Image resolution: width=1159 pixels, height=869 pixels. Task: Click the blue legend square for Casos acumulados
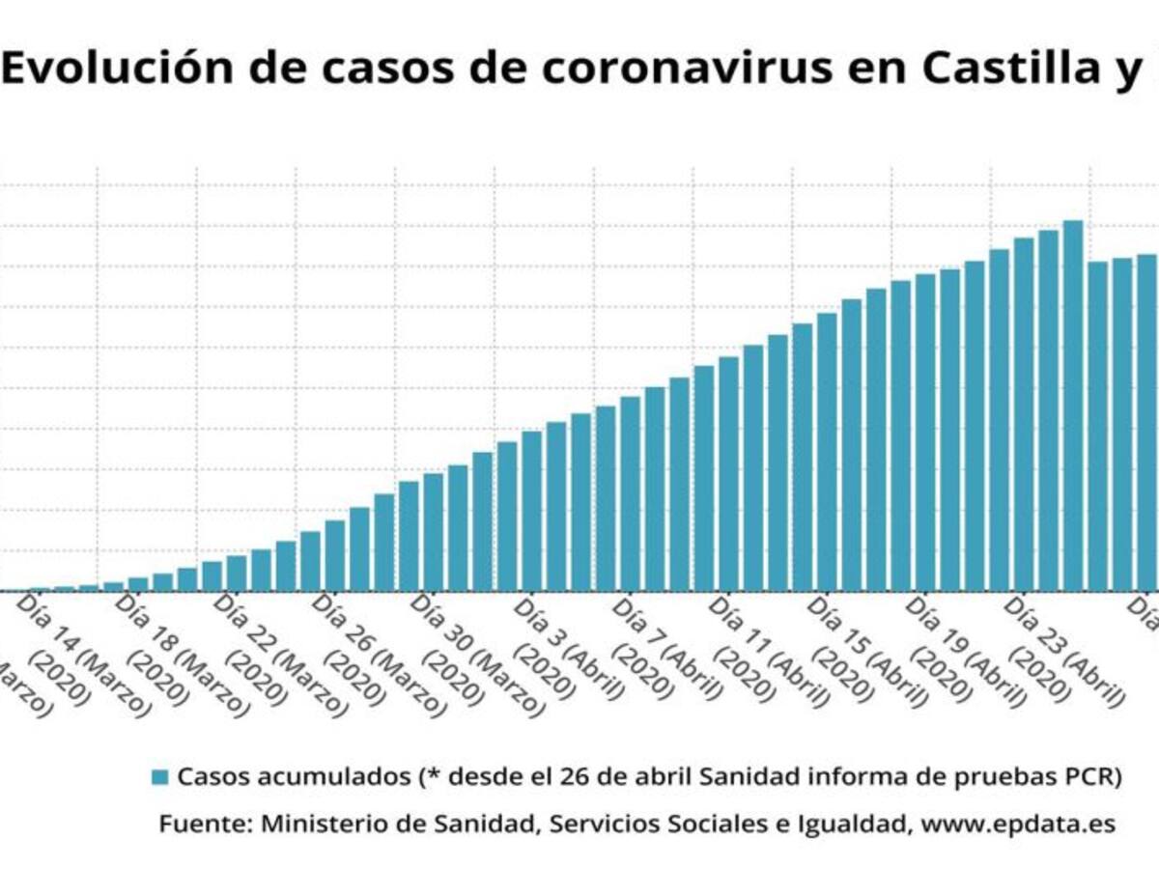coord(161,776)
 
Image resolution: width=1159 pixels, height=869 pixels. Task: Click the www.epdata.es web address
coord(1018,825)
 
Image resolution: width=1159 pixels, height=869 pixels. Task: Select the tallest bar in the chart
coord(1073,406)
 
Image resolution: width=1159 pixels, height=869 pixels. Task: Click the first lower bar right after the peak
coord(1098,425)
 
